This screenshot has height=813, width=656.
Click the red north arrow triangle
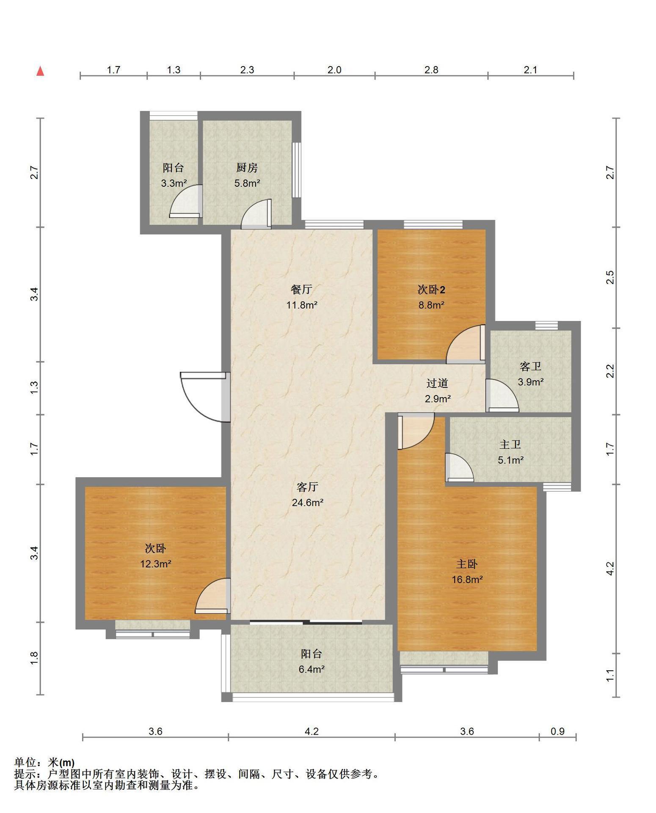pyautogui.click(x=40, y=71)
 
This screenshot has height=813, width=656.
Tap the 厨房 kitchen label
pyautogui.click(x=247, y=168)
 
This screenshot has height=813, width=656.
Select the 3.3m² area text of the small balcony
pyautogui.click(x=174, y=183)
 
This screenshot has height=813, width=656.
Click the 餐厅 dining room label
pyautogui.click(x=301, y=289)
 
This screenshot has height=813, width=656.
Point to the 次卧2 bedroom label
pyautogui.click(x=431, y=290)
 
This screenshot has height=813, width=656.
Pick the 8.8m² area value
pyautogui.click(x=431, y=305)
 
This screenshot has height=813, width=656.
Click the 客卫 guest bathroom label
pyautogui.click(x=530, y=366)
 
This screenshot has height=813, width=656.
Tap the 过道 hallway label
pyautogui.click(x=437, y=383)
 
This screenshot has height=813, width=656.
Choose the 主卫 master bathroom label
pyautogui.click(x=510, y=445)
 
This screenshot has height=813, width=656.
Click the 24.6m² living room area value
pyautogui.click(x=308, y=503)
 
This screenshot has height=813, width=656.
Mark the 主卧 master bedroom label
pyautogui.click(x=467, y=564)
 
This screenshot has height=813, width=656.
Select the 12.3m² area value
pyautogui.click(x=156, y=564)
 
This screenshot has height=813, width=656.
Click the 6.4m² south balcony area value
pyautogui.click(x=311, y=669)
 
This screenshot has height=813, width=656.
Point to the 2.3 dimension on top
pyautogui.click(x=247, y=70)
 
